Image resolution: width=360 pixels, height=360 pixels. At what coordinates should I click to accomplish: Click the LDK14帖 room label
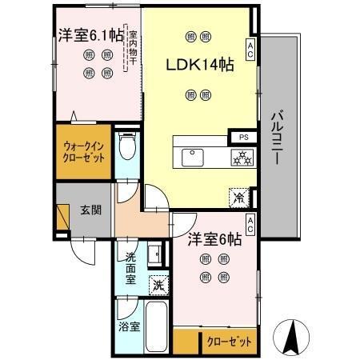coord(199,66)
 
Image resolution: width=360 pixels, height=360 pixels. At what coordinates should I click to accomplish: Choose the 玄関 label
coord(90,211)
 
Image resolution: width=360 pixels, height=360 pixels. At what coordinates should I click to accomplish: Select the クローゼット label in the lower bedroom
coord(227,340)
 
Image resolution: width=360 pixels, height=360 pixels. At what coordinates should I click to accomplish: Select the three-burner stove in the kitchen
coord(242,158)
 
